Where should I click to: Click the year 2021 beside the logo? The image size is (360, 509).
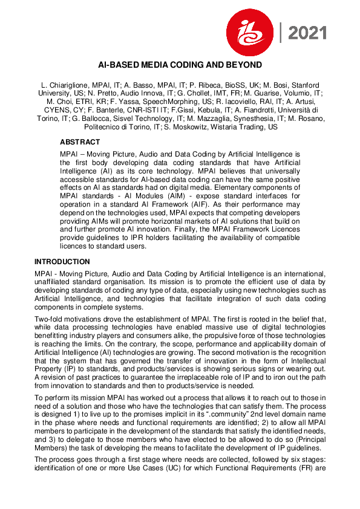(307, 34)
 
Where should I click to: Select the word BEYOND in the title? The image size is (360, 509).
(245, 65)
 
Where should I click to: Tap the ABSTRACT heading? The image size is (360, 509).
(80, 141)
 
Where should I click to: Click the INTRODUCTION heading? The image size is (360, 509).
(62, 262)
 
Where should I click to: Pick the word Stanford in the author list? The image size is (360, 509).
(304, 86)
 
